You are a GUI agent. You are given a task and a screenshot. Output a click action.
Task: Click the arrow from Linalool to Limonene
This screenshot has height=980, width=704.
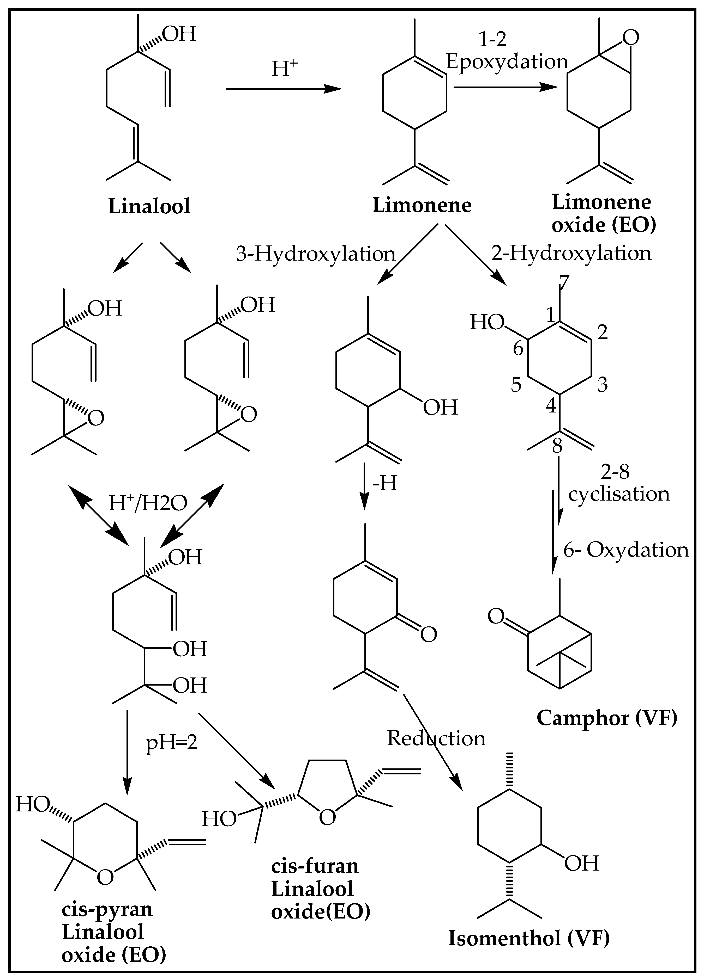(x=283, y=89)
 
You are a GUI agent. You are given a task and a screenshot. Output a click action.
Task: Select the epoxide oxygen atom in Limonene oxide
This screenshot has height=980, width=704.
(x=631, y=38)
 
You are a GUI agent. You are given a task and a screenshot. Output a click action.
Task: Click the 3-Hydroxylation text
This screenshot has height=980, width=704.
(x=316, y=254)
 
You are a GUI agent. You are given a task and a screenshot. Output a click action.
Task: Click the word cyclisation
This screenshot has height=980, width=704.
(x=618, y=494)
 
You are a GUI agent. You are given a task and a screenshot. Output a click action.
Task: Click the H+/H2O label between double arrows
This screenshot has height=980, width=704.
(x=148, y=503)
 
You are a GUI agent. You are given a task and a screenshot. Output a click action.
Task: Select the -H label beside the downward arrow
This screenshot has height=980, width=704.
(x=385, y=483)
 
